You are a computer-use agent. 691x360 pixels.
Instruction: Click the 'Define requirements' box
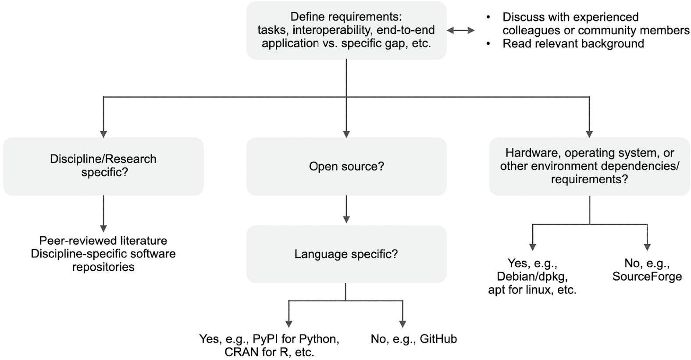click(x=346, y=30)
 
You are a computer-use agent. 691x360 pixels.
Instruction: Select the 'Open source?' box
click(x=346, y=166)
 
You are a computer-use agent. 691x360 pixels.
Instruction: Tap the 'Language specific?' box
click(x=346, y=254)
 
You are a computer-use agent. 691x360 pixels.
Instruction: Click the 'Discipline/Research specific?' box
click(x=103, y=166)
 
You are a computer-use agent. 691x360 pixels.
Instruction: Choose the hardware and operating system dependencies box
click(x=590, y=166)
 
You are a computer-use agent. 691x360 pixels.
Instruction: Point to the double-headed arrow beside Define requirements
click(x=460, y=30)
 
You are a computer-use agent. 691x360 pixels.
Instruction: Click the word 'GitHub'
click(x=438, y=339)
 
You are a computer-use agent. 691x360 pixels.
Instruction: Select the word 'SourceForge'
click(x=647, y=276)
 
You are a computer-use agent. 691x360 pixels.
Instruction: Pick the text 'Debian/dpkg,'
click(x=532, y=276)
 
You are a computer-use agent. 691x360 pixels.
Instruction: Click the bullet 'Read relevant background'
click(x=573, y=43)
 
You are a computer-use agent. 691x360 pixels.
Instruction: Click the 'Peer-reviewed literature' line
click(x=103, y=241)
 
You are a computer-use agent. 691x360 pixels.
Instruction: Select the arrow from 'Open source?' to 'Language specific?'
click(x=346, y=209)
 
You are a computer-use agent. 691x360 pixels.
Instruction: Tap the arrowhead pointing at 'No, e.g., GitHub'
click(x=402, y=324)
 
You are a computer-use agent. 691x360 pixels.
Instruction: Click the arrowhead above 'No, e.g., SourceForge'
click(x=647, y=247)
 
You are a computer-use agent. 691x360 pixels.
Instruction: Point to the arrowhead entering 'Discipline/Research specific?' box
click(x=103, y=134)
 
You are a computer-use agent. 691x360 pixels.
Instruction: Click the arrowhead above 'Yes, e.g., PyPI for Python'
click(x=289, y=324)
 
